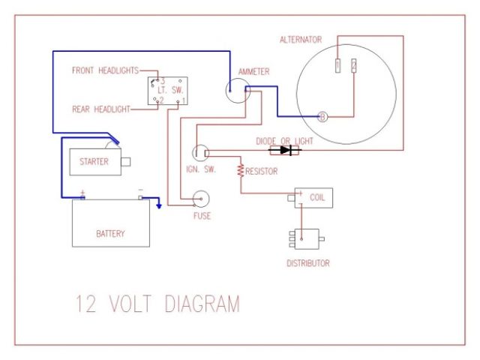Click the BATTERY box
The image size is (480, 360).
[110, 223]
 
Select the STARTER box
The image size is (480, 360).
[94, 161]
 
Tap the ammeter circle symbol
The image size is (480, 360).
[239, 91]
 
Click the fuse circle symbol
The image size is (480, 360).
[202, 199]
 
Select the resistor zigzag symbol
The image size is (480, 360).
[241, 170]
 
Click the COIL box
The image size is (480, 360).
[313, 198]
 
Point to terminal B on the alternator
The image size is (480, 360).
[322, 116]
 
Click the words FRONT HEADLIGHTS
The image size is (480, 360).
[105, 70]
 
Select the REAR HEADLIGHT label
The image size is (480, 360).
[100, 109]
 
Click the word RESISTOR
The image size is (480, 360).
[262, 172]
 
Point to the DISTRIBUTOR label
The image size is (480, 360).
[308, 263]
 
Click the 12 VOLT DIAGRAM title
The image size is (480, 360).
[157, 304]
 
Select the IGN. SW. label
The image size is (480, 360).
[200, 169]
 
